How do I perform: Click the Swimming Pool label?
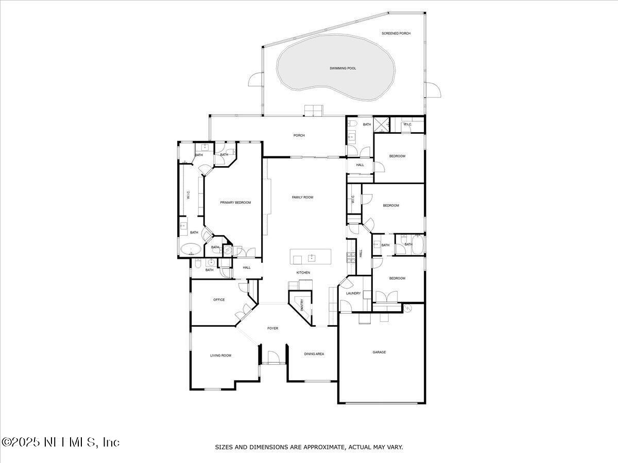(x=342, y=68)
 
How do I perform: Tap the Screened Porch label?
(x=396, y=33)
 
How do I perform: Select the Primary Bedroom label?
(x=235, y=203)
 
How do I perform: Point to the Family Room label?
(x=302, y=198)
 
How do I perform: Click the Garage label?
(x=379, y=352)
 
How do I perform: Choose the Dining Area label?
(x=314, y=354)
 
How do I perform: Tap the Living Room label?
(x=220, y=355)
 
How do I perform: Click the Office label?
(x=219, y=300)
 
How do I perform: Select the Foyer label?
(x=272, y=328)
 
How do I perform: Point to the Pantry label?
(x=302, y=305)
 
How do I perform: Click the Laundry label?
(x=353, y=293)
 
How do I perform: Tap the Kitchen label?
(x=303, y=273)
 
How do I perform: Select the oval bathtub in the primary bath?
(x=191, y=250)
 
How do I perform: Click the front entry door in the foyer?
(x=272, y=358)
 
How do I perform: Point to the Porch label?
(x=299, y=136)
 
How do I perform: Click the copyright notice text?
(x=60, y=442)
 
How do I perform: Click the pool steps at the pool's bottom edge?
(x=313, y=110)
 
